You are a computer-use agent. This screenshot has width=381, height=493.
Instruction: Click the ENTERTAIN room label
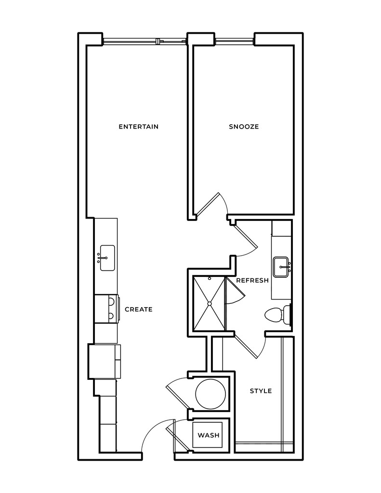[139, 127]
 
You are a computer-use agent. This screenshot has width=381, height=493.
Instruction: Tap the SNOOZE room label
[244, 127]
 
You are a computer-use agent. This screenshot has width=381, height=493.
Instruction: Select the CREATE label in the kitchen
[139, 310]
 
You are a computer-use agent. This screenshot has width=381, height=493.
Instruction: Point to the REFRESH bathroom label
[252, 281]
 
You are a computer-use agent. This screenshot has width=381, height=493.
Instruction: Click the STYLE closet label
[261, 391]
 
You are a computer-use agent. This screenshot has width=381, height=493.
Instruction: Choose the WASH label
[209, 435]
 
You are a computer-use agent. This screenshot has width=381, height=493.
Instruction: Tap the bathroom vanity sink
[281, 265]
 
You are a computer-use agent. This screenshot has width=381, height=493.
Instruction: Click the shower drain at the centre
[210, 303]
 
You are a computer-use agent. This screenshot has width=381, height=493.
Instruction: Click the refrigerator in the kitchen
[104, 361]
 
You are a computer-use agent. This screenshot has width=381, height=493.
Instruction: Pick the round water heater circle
[210, 393]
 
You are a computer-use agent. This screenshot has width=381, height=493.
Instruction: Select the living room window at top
[145, 41]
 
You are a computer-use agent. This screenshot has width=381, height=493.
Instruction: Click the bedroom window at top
[235, 41]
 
